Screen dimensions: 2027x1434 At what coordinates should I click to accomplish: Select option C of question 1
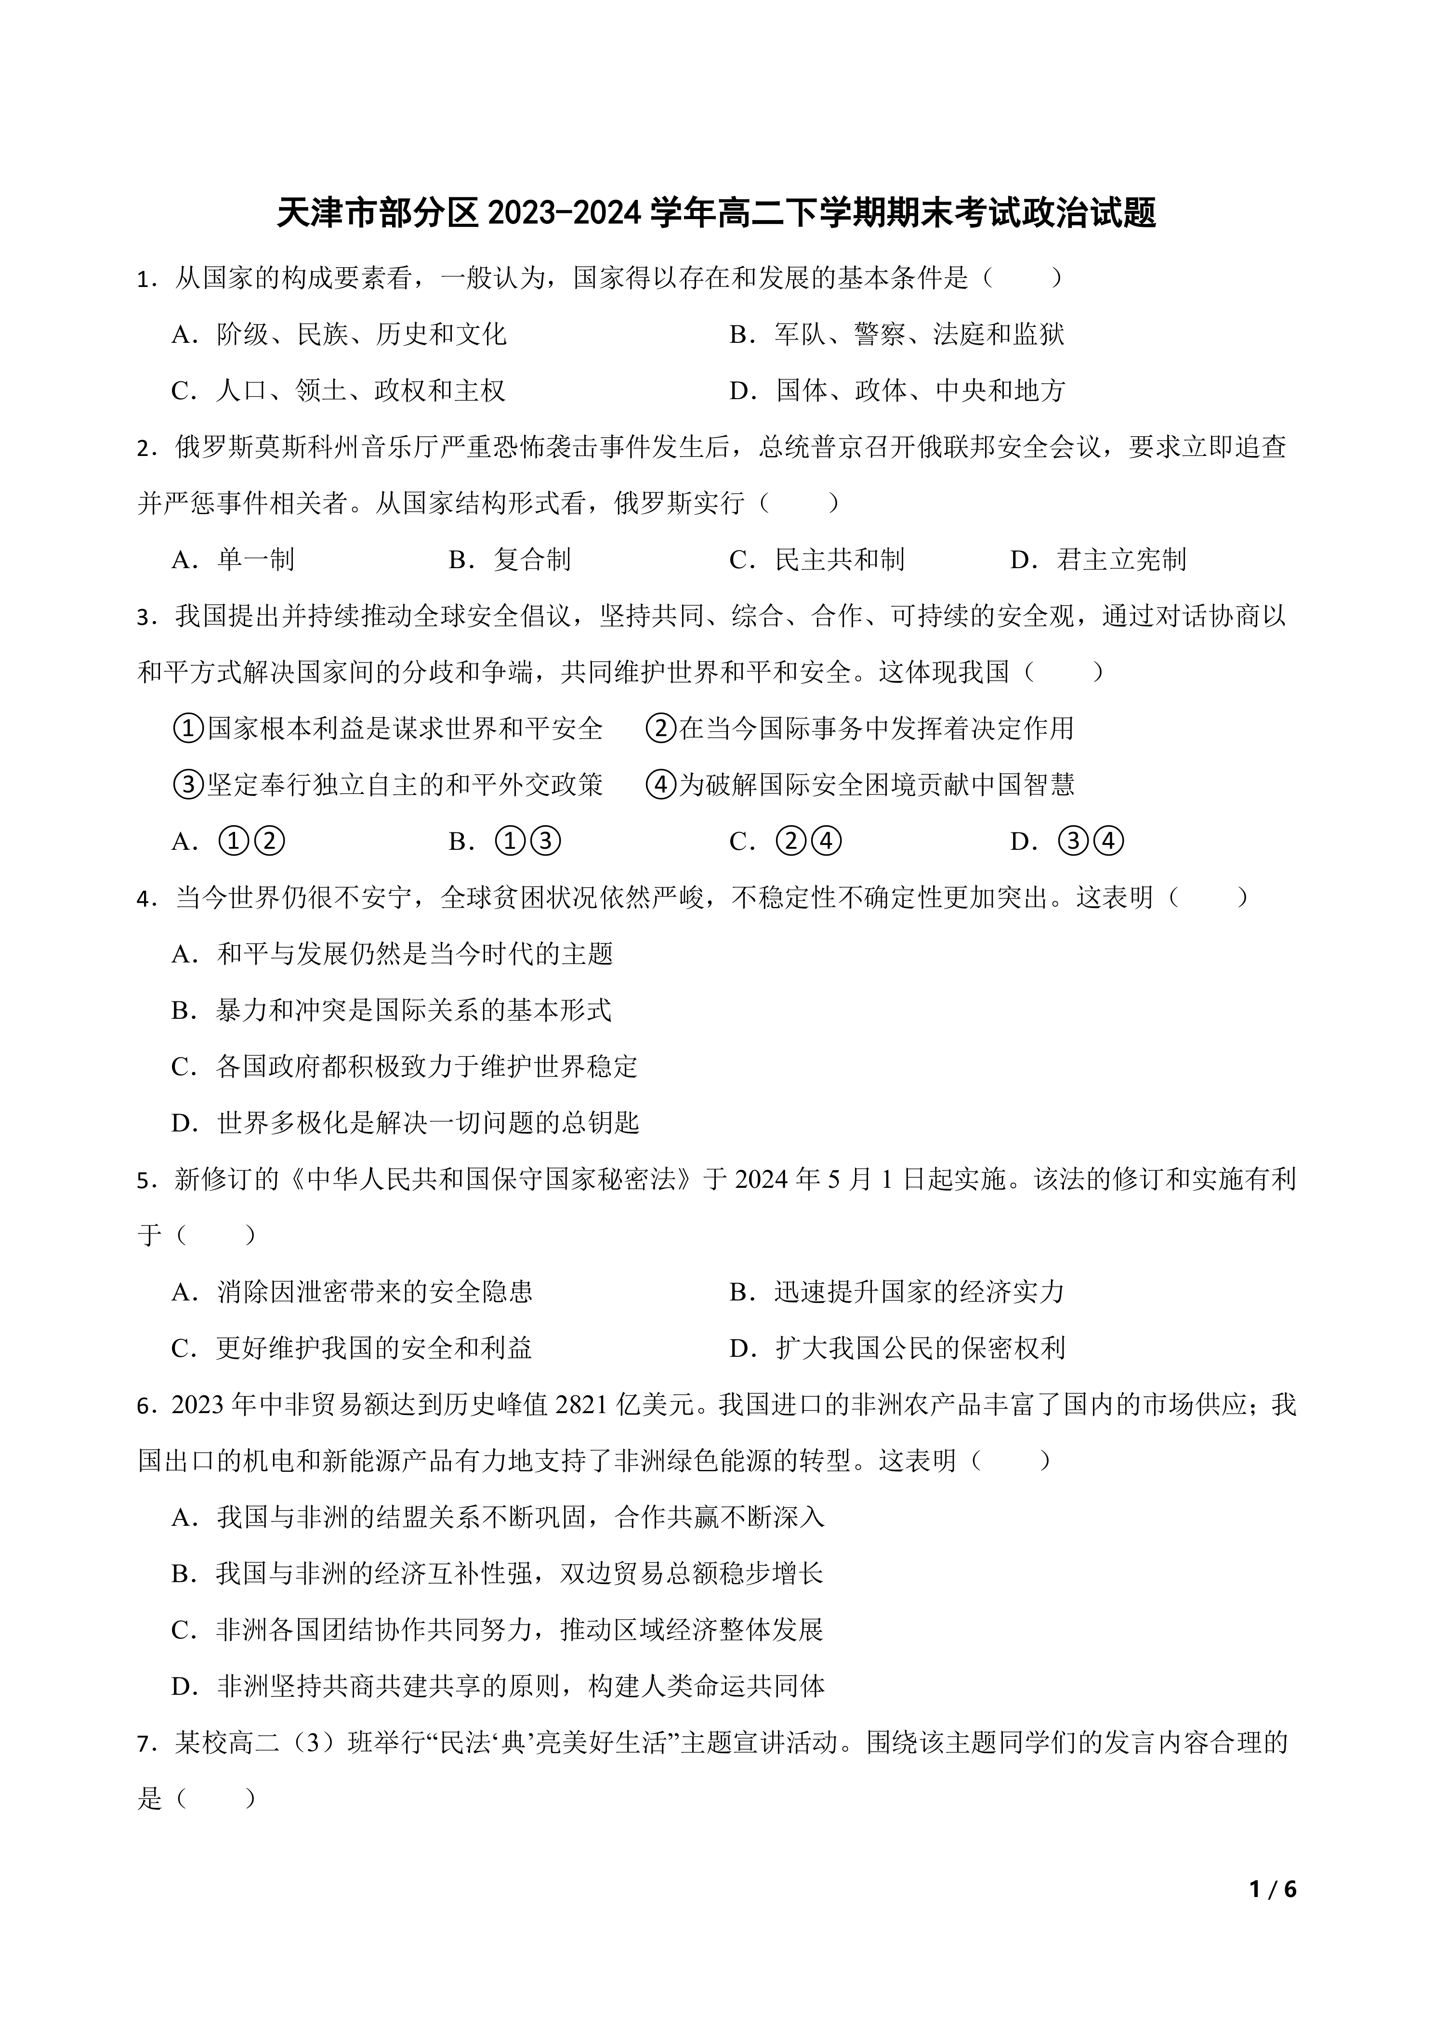pyautogui.click(x=338, y=391)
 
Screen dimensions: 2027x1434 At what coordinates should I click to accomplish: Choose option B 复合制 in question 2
pyautogui.click(x=510, y=560)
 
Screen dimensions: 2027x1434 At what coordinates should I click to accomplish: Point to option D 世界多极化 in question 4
pyautogui.click(x=405, y=1123)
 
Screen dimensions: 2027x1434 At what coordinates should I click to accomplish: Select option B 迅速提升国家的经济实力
pyautogui.click(x=896, y=1292)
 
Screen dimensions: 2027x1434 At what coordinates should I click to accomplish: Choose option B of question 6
pyautogui.click(x=497, y=1573)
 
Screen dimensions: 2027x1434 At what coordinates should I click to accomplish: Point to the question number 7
pyautogui.click(x=143, y=1743)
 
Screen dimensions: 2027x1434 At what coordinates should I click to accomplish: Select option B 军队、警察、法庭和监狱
pyautogui.click(x=896, y=335)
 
